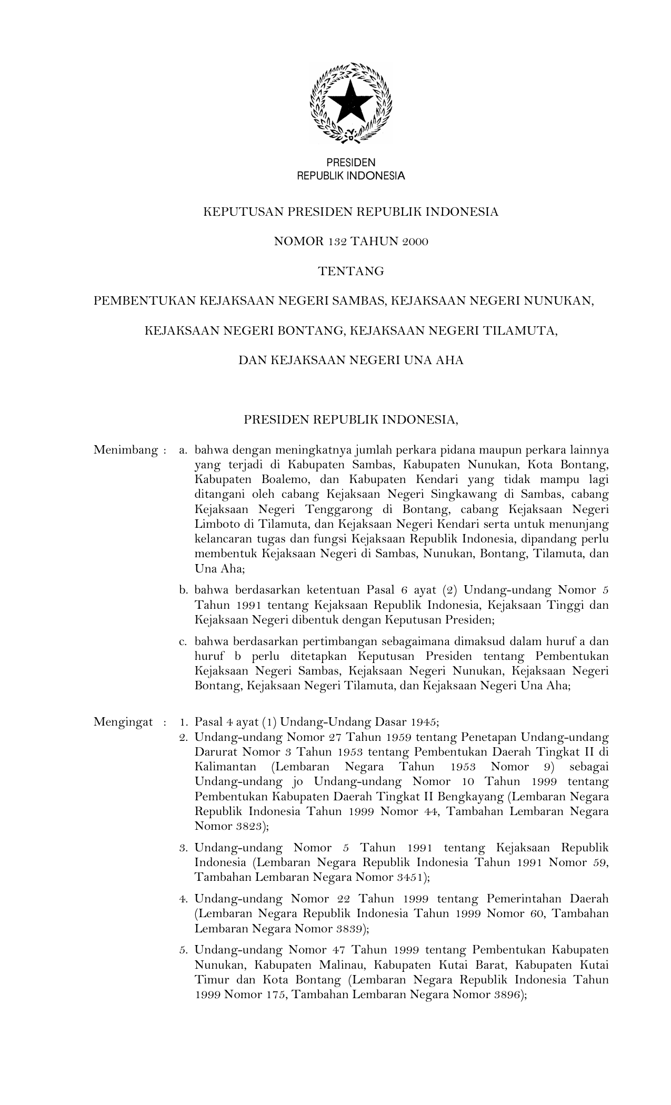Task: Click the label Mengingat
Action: pos(123,721)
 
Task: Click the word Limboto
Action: pos(215,524)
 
